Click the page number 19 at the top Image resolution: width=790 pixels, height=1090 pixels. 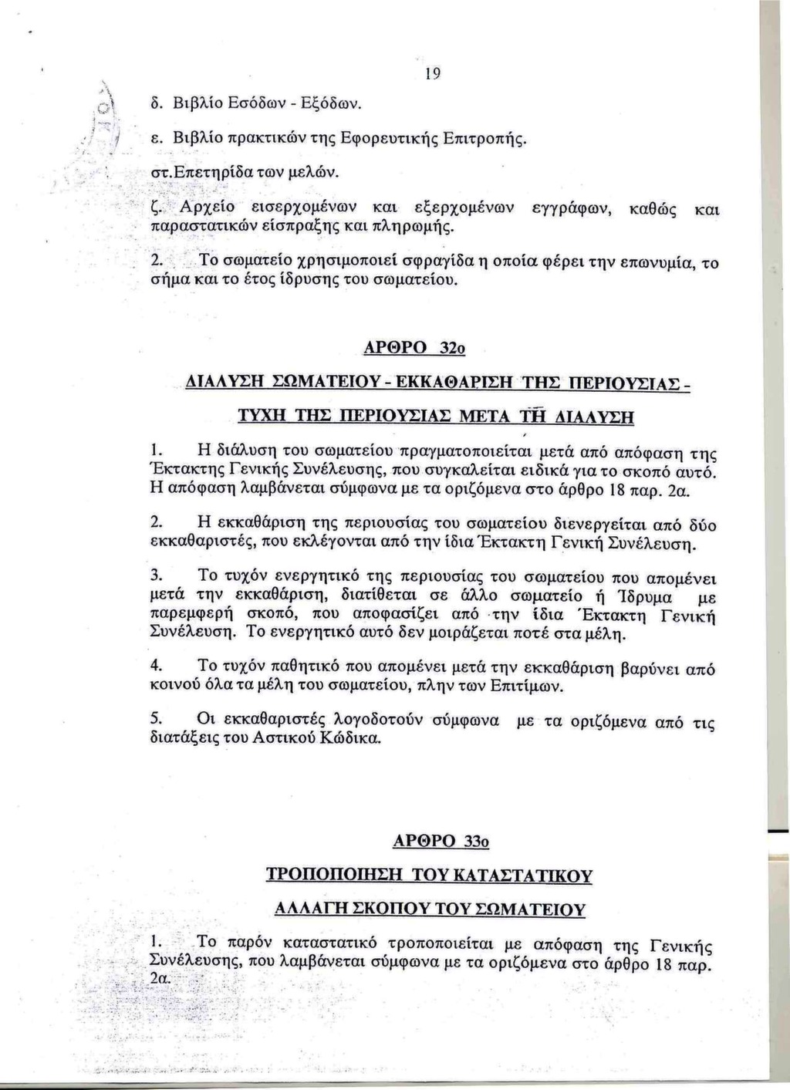[432, 73]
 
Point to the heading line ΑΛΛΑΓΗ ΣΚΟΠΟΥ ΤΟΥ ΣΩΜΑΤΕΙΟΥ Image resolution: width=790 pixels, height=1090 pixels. [430, 909]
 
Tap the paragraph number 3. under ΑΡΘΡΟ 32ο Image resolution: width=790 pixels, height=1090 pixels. [155, 575]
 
